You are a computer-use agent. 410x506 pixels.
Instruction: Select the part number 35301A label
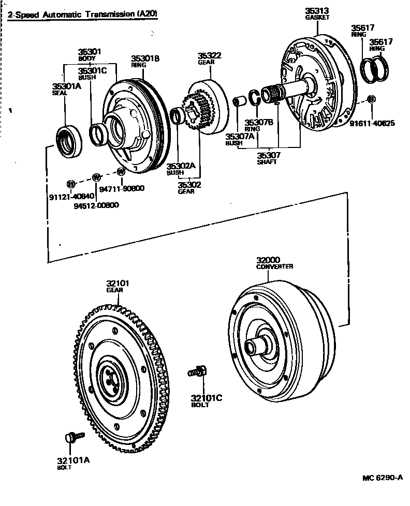tap(67, 86)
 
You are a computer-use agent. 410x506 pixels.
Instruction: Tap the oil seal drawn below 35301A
tap(69, 141)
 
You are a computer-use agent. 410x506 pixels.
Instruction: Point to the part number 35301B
tap(145, 59)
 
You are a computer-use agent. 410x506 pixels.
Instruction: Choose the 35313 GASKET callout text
tap(317, 13)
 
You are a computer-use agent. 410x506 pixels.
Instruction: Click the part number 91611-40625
tap(372, 123)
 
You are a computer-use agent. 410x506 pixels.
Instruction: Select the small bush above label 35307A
tap(239, 100)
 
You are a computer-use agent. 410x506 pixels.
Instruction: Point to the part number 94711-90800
tap(122, 189)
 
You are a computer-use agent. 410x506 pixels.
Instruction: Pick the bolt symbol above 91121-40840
tap(71, 183)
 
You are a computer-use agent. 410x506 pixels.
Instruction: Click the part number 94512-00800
tap(96, 205)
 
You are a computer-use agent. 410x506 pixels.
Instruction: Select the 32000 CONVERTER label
tap(274, 263)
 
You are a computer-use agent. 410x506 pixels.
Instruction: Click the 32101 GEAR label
tap(118, 286)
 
